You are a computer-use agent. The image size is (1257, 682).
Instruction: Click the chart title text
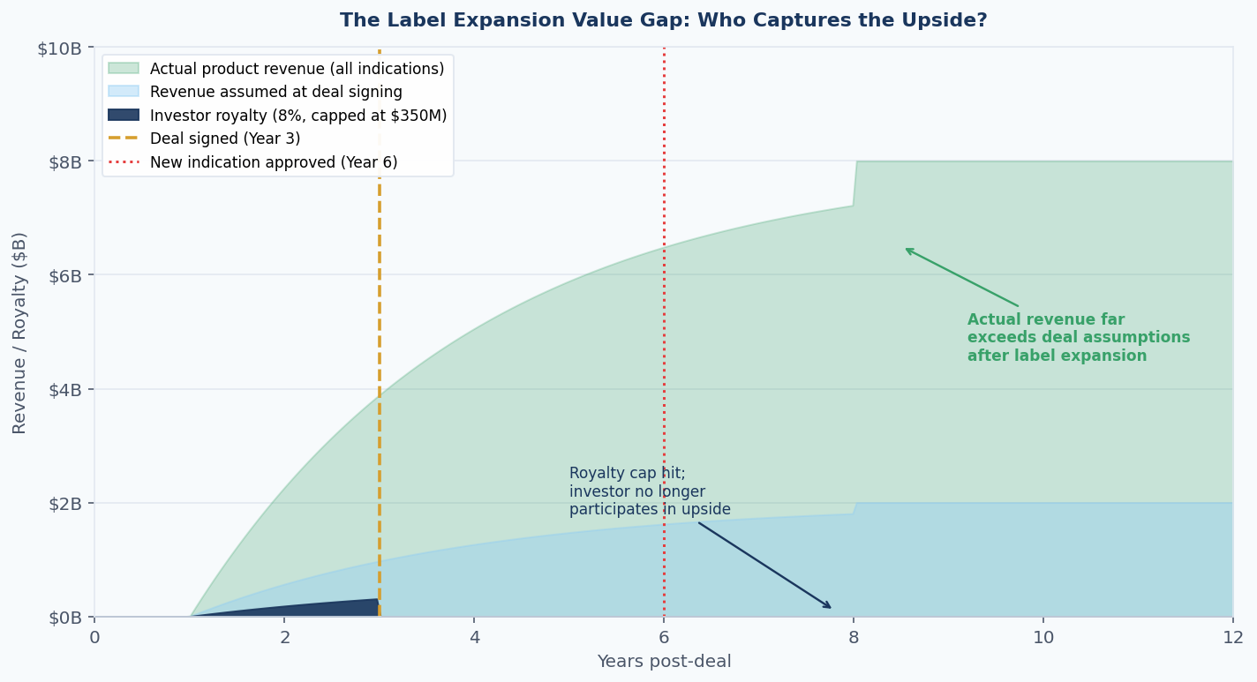663,20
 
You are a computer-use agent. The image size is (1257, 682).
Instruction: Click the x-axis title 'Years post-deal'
664,662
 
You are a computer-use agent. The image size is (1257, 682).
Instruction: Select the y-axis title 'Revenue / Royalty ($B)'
19,333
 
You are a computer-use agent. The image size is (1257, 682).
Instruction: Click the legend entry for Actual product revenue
297,69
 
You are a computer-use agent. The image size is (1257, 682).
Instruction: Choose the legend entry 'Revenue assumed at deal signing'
275,92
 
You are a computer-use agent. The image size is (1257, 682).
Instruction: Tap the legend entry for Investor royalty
297,116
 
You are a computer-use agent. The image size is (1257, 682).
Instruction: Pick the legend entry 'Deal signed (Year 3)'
224,139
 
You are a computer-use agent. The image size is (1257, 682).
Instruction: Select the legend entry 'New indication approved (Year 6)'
273,162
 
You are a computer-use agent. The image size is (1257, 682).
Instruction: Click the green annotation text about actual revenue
1078,338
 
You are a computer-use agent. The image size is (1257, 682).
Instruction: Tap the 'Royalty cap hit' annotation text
649,491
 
